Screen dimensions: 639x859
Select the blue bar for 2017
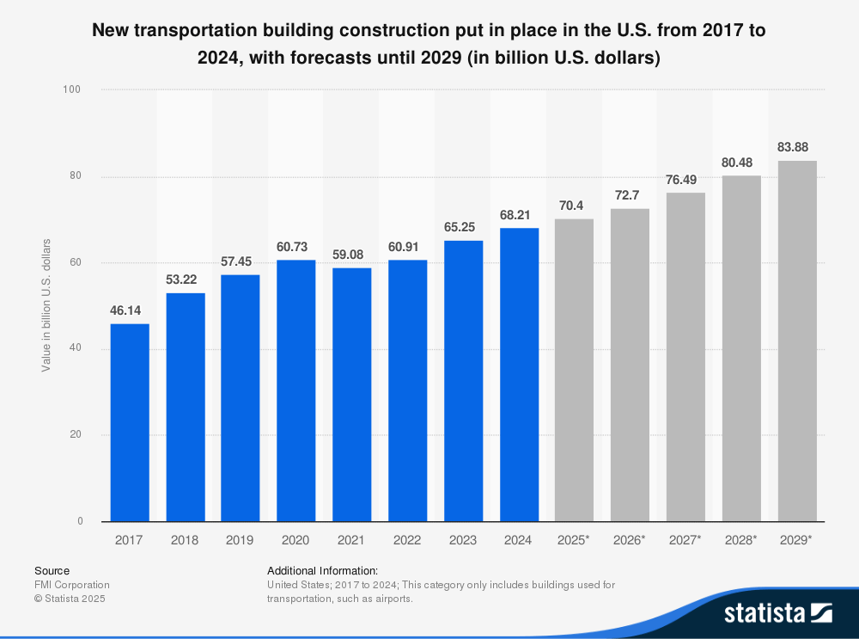pos(129,422)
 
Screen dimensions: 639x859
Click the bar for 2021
pos(351,395)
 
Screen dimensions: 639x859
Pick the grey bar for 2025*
pos(574,370)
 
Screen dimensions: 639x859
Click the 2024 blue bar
pos(519,374)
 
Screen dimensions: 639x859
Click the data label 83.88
pos(797,147)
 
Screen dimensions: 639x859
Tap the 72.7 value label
pos(630,195)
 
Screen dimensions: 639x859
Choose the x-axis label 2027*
pos(685,540)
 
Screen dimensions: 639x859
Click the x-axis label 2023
pos(463,540)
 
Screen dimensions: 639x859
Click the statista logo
pos(777,613)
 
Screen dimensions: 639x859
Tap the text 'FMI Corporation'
pos(72,585)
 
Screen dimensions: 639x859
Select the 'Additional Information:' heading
pos(322,570)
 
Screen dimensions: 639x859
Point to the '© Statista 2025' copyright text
pos(70,599)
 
